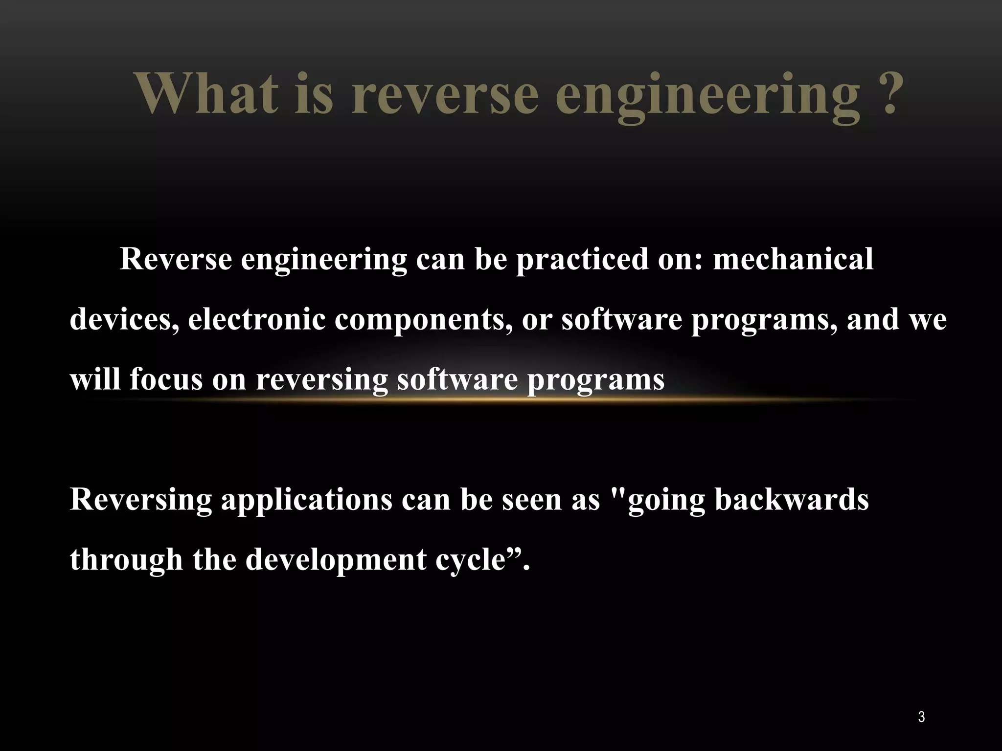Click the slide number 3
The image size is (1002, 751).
pyautogui.click(x=921, y=717)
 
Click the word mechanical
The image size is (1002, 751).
pyautogui.click(x=793, y=259)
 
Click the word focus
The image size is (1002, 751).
pyautogui.click(x=166, y=380)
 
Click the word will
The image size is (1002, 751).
pyautogui.click(x=95, y=379)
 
